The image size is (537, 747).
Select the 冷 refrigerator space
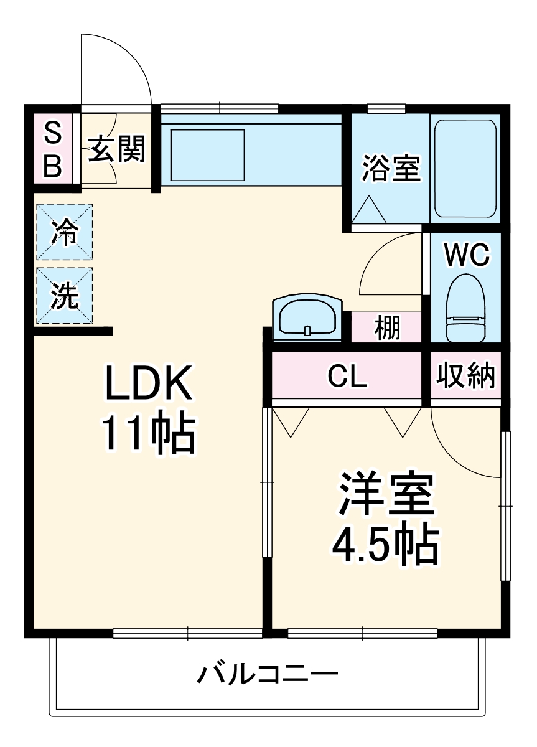pos(64,232)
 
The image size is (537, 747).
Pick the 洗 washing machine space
pos(64,296)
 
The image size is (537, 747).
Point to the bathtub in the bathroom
pos(465,168)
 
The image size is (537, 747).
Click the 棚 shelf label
pos(387,327)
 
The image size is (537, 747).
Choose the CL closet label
pos(347,376)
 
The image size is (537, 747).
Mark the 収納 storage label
pos(466,376)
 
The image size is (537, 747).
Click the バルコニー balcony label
pos(268,674)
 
